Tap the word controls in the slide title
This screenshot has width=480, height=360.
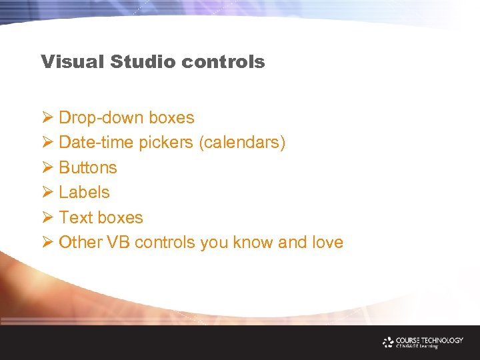[223, 62]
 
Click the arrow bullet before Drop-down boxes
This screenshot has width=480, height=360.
[47, 118]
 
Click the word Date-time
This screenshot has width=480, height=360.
[96, 143]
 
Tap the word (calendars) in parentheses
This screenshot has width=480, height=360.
[243, 143]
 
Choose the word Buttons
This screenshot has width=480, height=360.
[88, 168]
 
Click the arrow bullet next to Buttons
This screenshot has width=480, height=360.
[47, 168]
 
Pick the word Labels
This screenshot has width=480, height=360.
[84, 193]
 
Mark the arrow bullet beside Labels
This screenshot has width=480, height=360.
[47, 193]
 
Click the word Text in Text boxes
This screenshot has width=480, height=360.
[75, 218]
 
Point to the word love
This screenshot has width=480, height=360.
[327, 243]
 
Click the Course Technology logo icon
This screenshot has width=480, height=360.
[388, 342]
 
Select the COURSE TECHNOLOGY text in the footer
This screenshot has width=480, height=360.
[429, 340]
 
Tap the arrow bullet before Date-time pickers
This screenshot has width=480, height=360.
[47, 143]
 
